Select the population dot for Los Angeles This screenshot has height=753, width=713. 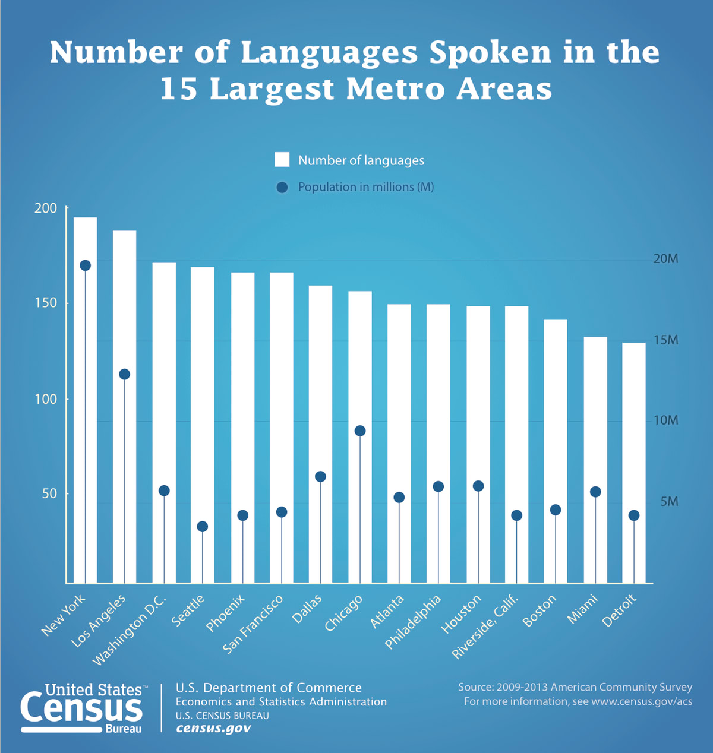coord(124,374)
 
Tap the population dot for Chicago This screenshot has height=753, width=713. coord(360,431)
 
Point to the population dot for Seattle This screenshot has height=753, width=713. coord(203,526)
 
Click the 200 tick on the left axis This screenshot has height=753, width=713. coord(46,208)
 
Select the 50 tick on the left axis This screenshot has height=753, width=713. coord(49,494)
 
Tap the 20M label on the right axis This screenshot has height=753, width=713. coord(665,259)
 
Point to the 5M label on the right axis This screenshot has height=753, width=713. coord(669,502)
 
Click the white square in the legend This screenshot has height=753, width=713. coord(282,160)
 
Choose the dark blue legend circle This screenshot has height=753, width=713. coord(282,187)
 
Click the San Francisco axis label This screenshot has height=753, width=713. coord(254,624)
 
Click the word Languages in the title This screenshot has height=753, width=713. coord(329,52)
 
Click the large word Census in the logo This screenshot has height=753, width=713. coord(81,708)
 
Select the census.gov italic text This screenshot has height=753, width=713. coord(213,728)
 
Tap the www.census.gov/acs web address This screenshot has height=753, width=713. coord(642,701)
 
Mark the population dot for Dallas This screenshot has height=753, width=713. coord(320,476)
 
